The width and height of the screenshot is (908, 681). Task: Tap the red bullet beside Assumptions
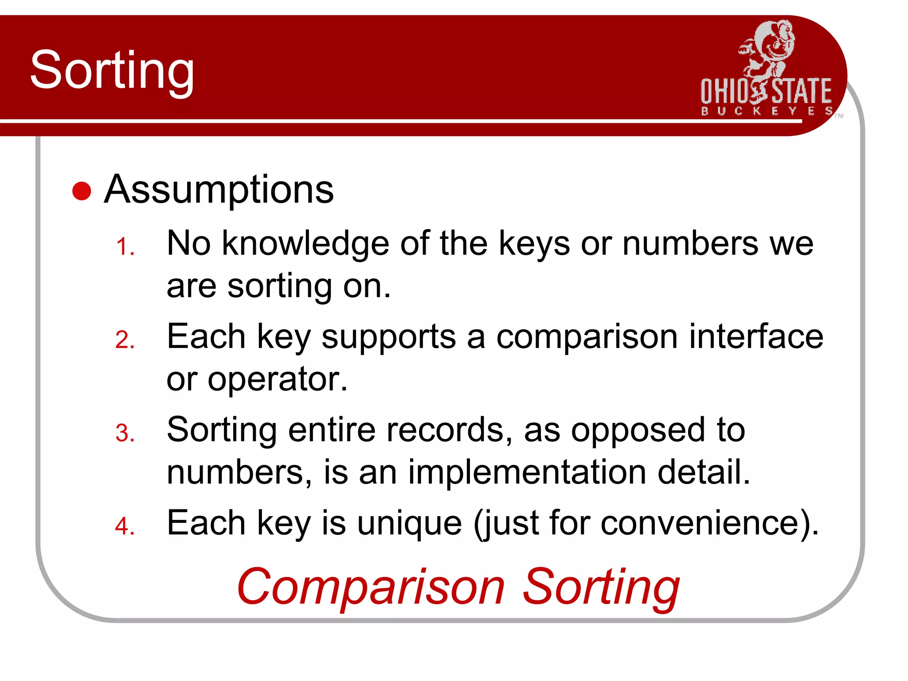coord(82,191)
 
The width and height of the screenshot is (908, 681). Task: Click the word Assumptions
coord(219,190)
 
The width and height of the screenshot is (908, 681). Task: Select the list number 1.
coord(125,247)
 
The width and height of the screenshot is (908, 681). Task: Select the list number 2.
coord(125,340)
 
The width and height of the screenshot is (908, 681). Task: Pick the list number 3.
coord(125,433)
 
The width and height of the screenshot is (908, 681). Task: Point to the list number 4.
coord(125,526)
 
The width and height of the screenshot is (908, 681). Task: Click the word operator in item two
coord(278,379)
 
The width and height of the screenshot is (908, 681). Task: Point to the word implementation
coord(527,472)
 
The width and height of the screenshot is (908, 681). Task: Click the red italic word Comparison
coord(371,586)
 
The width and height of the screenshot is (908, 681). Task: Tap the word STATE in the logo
coord(802,91)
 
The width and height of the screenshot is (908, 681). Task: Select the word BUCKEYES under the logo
coord(766,111)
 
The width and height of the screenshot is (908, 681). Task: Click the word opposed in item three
coord(638,431)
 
